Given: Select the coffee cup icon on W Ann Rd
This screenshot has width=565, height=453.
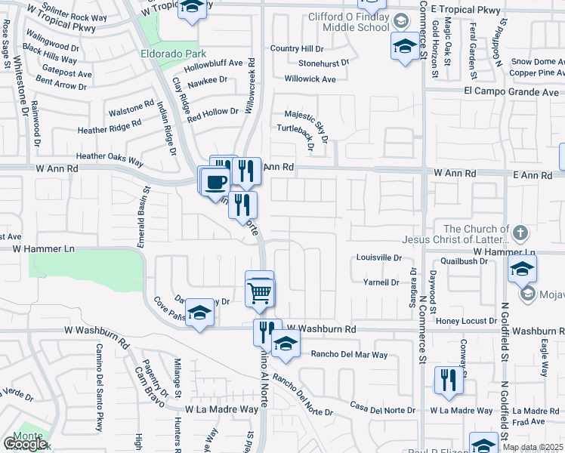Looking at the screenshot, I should point(215,181).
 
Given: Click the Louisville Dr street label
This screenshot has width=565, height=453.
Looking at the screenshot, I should point(379,257).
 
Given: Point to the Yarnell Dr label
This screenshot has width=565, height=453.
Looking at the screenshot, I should point(381,282).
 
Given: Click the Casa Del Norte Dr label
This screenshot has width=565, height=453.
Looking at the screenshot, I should point(383,410).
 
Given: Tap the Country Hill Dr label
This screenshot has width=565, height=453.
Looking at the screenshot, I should point(296,48).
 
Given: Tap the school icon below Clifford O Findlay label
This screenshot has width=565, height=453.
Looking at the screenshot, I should point(404,47).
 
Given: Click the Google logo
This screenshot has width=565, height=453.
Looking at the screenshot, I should point(24,443).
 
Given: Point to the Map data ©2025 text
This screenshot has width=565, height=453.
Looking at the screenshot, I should point(533,447).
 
